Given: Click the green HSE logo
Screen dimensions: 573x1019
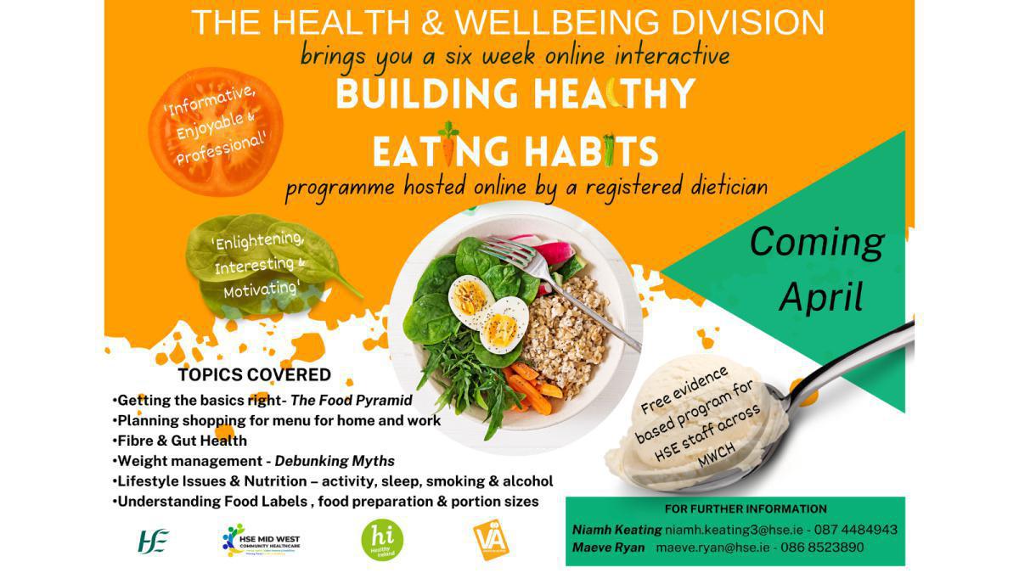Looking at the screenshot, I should click(153, 541).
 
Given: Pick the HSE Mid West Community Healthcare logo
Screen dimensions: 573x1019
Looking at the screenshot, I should click(260, 541).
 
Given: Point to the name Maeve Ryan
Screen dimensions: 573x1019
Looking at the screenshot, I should click(608, 548).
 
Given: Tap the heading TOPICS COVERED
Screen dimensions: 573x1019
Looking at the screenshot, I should click(255, 374).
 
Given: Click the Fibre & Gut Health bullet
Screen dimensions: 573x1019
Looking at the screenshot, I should click(180, 441).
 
